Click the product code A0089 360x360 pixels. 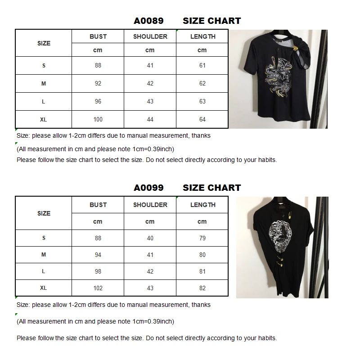(148, 21)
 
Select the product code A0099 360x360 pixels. (148, 188)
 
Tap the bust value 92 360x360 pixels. (98, 83)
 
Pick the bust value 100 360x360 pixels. (98, 119)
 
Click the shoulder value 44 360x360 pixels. (150, 119)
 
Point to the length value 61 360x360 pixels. (202, 65)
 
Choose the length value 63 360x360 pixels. (202, 101)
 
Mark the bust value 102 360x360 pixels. (98, 288)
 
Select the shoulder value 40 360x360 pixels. (150, 238)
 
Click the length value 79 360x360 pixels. (202, 238)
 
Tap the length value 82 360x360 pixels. (202, 288)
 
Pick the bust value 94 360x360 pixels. (98, 255)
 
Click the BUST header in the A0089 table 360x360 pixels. (98, 36)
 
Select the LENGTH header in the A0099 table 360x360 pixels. (202, 205)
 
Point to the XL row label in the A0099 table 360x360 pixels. (44, 288)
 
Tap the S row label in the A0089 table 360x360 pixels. (44, 65)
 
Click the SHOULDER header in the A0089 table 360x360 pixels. (150, 36)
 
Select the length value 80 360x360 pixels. (202, 255)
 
